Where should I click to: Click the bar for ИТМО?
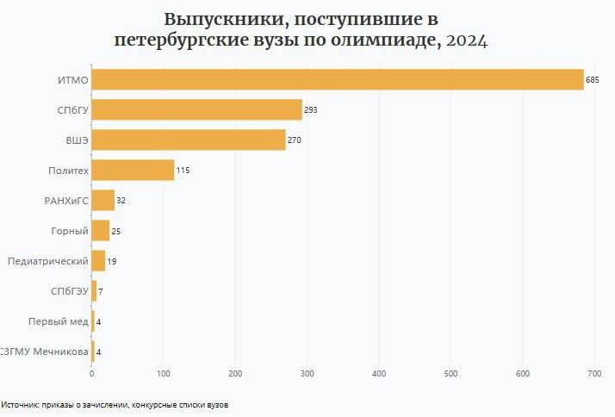(x=338, y=79)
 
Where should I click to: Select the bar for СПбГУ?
(x=196, y=109)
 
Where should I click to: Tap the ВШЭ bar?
(x=188, y=140)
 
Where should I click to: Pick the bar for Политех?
(x=133, y=171)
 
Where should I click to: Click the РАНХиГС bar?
(x=102, y=201)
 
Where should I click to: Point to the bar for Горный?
(x=100, y=231)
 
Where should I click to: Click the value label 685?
(x=592, y=80)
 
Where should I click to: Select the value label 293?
(x=311, y=110)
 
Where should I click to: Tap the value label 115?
(x=183, y=171)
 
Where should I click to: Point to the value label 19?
(x=113, y=261)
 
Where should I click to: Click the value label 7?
(x=101, y=291)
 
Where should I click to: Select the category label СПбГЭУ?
(x=69, y=291)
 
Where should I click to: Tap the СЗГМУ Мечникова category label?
(x=45, y=352)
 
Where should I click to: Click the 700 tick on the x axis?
(x=593, y=373)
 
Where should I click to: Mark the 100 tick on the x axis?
(x=164, y=373)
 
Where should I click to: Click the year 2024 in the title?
(x=465, y=40)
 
